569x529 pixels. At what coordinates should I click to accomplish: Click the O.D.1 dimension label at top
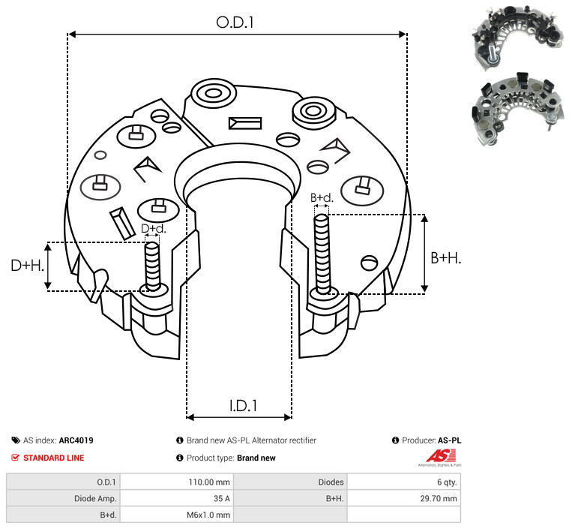pyautogui.click(x=235, y=23)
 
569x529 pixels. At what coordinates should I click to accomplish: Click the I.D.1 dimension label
pyautogui.click(x=243, y=405)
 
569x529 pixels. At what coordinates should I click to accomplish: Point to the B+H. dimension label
pyautogui.click(x=446, y=258)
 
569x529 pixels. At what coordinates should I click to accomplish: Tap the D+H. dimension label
pyautogui.click(x=27, y=266)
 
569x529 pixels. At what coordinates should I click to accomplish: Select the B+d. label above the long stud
pyautogui.click(x=322, y=197)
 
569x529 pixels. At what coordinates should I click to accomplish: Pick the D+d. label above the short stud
pyautogui.click(x=154, y=229)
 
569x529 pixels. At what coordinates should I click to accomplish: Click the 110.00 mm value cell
pyautogui.click(x=209, y=482)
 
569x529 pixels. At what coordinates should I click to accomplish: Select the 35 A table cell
pyautogui.click(x=221, y=498)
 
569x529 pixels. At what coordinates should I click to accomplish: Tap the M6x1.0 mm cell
pyautogui.click(x=208, y=515)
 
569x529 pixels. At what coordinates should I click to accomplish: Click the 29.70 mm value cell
pyautogui.click(x=439, y=498)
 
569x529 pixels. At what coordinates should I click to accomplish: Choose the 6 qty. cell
pyautogui.click(x=447, y=482)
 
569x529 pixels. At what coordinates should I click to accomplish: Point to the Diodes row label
pyautogui.click(x=331, y=482)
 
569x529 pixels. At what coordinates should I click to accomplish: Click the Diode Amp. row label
pyautogui.click(x=95, y=498)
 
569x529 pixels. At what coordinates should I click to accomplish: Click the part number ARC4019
pyautogui.click(x=76, y=440)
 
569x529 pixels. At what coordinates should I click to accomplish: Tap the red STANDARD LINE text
pyautogui.click(x=54, y=458)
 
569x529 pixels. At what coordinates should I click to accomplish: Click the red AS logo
pyautogui.click(x=440, y=458)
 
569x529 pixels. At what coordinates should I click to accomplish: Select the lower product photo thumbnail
pyautogui.click(x=518, y=109)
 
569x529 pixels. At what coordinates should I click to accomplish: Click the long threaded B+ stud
pyautogui.click(x=322, y=254)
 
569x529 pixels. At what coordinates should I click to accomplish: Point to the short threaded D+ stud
pyautogui.click(x=152, y=266)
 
